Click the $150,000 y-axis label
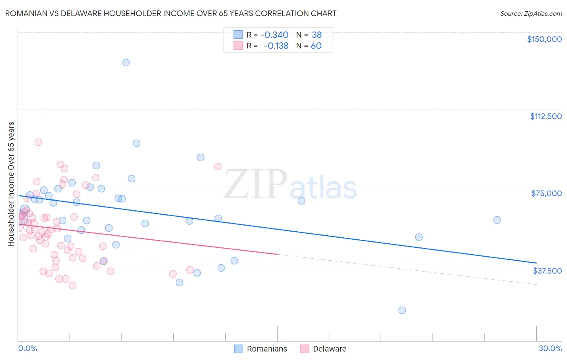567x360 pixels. (544, 39)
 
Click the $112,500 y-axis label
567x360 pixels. (546, 116)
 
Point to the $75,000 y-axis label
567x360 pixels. (546, 193)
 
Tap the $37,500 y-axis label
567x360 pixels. (547, 271)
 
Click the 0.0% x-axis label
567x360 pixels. (27, 348)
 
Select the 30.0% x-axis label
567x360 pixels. (550, 348)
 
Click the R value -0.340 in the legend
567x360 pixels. (275, 35)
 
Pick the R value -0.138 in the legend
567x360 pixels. (276, 46)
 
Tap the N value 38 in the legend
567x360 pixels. (317, 35)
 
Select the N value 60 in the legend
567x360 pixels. (316, 46)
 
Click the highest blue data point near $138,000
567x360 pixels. (126, 63)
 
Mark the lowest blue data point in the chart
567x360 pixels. (402, 310)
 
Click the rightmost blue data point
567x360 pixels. (497, 220)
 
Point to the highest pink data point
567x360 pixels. (38, 142)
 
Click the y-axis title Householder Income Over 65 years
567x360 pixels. (11, 184)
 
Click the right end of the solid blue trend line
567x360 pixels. (536, 263)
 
